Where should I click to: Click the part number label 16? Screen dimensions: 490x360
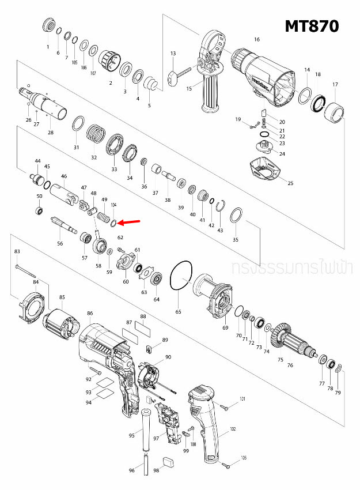point(257,39)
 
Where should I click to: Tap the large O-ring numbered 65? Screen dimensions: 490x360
point(181,278)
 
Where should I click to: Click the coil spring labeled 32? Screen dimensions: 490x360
point(96,137)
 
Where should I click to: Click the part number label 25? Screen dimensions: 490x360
point(290,183)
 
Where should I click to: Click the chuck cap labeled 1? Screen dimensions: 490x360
point(49,27)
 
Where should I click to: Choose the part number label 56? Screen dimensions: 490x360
point(60,244)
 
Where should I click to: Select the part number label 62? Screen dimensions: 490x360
point(120,237)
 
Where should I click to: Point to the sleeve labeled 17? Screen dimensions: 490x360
point(335,110)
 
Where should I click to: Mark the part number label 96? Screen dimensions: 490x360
point(132,471)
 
